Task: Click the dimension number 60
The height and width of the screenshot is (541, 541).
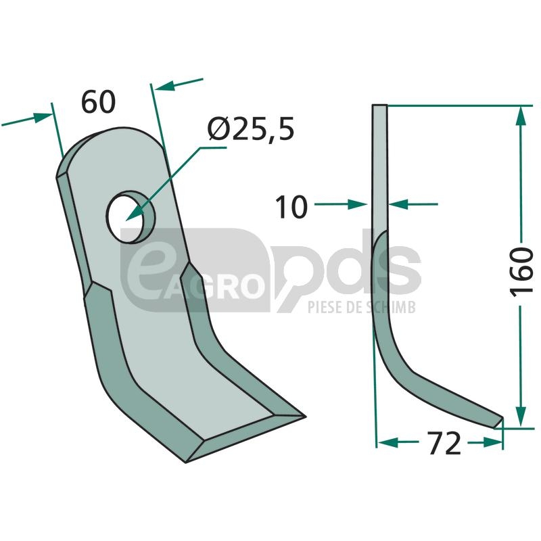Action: coord(98,102)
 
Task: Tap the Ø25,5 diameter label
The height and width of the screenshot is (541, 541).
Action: coord(251,128)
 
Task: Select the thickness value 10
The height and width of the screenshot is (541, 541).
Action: coord(291,207)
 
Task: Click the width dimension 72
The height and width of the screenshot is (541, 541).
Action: coord(444,443)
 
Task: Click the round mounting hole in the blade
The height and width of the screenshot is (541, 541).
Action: coord(130,217)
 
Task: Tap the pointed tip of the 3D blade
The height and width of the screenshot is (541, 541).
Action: coord(305,417)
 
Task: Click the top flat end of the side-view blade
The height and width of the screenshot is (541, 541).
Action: coord(379,105)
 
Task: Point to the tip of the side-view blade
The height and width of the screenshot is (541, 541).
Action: coord(502,419)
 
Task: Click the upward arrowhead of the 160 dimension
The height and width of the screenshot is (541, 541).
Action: coord(521,115)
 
